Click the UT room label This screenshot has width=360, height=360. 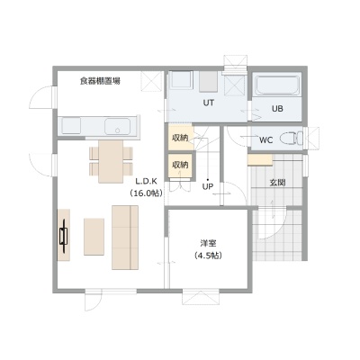tap(209, 103)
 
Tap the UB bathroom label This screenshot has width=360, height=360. tap(277, 109)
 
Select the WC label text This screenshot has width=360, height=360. tap(265, 140)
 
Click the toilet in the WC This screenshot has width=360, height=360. tap(292, 139)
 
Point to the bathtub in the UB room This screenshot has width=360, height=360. tap(277, 85)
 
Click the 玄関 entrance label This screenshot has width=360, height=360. tap(277, 183)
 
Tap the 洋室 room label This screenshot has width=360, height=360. tap(208, 243)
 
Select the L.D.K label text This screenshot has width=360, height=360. tap(147, 182)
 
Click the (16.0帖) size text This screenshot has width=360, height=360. tap(147, 193)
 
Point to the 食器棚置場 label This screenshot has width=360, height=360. tap(100, 81)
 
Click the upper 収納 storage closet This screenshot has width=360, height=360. tap(180, 138)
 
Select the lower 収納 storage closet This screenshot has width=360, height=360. tap(180, 165)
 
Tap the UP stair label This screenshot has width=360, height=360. tap(208, 187)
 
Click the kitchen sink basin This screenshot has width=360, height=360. tap(117, 126)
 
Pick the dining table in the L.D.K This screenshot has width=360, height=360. tap(111, 161)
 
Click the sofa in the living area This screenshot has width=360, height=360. tap(125, 238)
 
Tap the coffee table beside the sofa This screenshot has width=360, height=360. tap(94, 237)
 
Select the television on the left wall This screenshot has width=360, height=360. tap(64, 236)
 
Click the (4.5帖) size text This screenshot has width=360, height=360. tap(208, 256)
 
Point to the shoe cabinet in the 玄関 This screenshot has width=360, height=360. tap(260, 159)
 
